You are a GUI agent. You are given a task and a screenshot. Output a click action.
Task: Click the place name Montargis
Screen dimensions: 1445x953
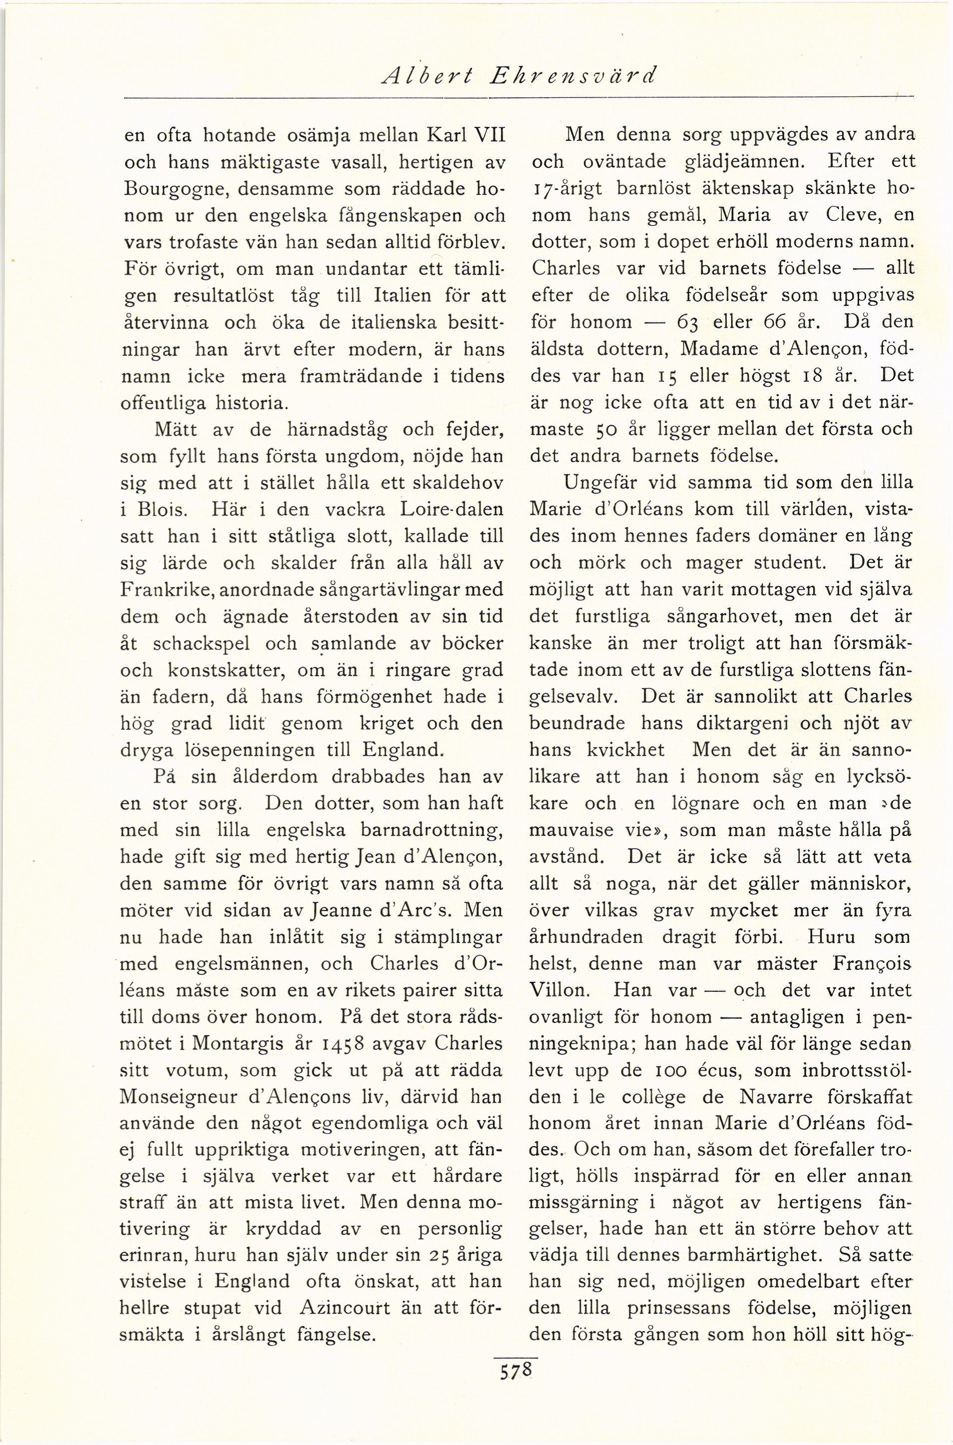238,1044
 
